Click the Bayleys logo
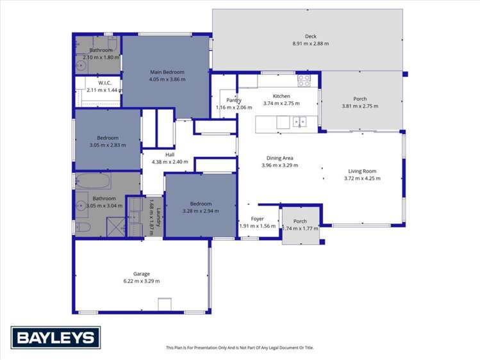(56, 337)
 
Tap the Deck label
(311, 37)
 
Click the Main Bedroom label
(167, 72)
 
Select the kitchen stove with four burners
(304, 81)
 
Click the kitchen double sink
(299, 121)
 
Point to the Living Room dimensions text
(362, 179)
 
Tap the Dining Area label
(279, 158)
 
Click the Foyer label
(257, 219)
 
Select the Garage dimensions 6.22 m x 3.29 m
(142, 281)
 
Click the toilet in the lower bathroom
(83, 227)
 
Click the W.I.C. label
(106, 83)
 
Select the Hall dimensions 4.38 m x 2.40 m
(170, 162)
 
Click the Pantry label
(233, 100)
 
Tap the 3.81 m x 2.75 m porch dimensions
(360, 106)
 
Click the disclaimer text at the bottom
(240, 348)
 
